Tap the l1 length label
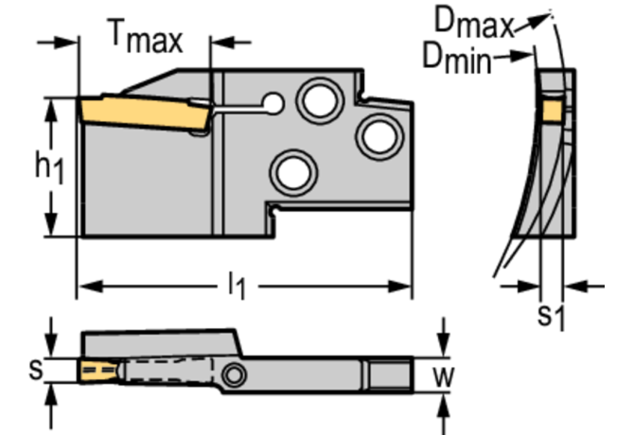235,286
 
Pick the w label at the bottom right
442,376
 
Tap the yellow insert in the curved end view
552,112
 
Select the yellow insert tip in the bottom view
92,369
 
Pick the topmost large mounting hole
316,97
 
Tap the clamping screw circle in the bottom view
234,377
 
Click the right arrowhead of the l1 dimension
404,286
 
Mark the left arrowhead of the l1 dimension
84,286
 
